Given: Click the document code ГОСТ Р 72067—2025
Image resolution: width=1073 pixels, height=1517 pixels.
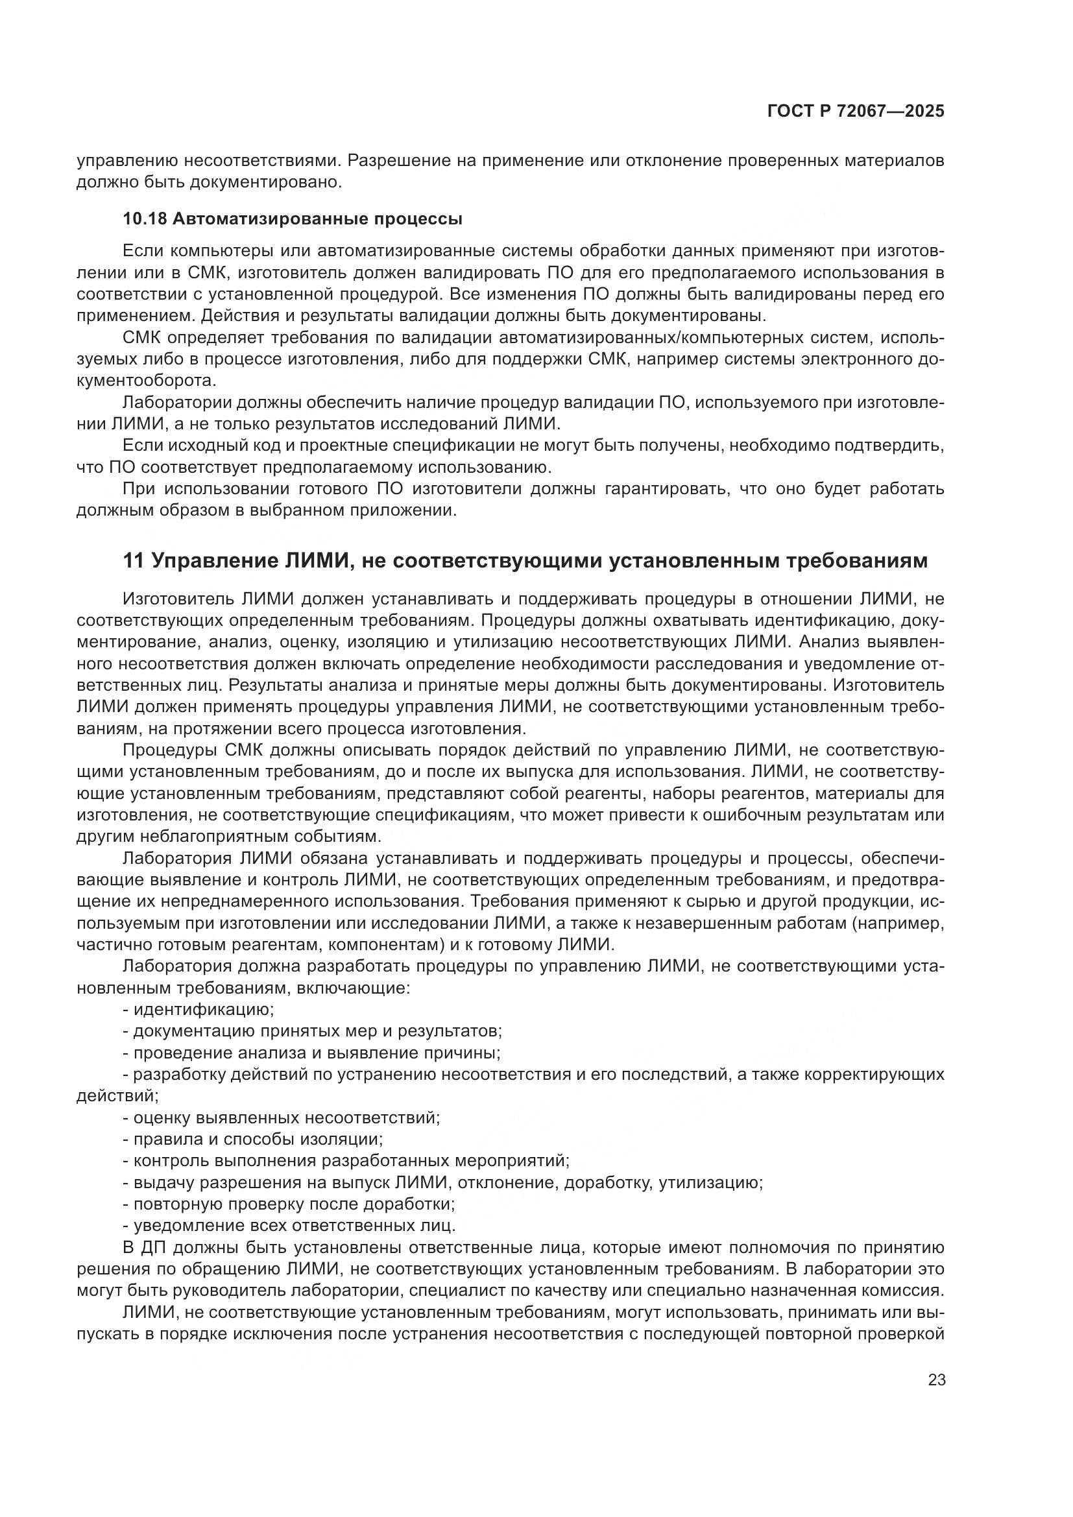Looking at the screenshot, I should (855, 111).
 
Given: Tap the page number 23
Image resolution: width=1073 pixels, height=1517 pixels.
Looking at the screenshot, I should (936, 1380).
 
